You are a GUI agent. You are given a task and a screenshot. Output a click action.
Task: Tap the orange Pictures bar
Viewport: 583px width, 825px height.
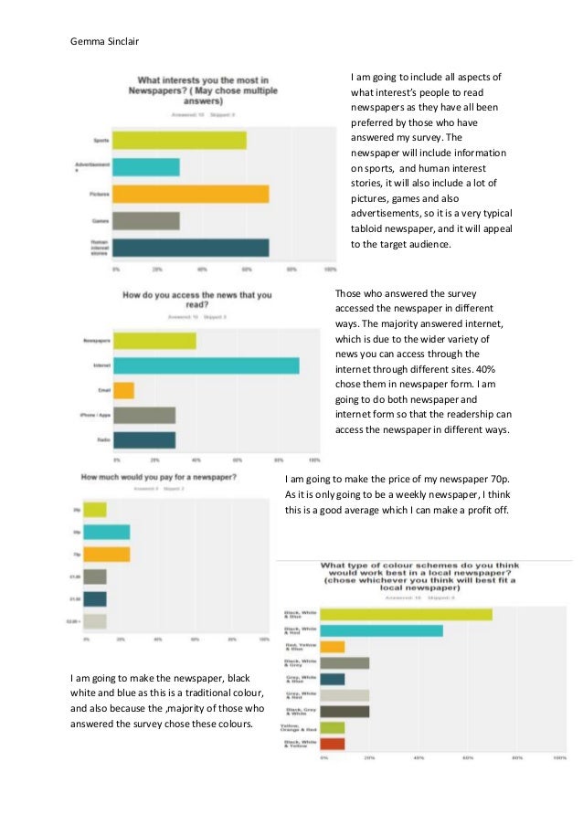coord(192,194)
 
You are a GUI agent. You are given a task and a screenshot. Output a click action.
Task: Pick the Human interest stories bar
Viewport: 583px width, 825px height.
coord(192,248)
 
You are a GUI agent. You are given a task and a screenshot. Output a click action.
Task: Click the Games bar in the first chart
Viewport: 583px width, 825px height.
coord(147,221)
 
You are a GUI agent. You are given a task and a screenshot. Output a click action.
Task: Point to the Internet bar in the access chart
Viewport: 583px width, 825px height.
coord(205,365)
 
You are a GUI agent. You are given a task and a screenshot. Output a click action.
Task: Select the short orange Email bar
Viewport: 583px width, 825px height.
coord(122,390)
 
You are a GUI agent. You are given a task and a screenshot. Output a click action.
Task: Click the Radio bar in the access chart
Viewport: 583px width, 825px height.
coord(143,439)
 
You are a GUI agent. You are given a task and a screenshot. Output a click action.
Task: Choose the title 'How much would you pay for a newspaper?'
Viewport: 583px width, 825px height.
coord(160,477)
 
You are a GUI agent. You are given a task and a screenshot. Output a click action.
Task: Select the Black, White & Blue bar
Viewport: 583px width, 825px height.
coord(406,614)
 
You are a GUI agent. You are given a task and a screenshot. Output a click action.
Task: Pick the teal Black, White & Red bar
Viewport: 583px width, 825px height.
coord(381,630)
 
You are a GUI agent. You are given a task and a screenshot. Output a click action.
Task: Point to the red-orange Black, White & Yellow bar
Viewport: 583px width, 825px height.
coord(333,744)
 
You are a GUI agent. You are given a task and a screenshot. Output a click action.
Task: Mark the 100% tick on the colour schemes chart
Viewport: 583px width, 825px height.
coord(559,758)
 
